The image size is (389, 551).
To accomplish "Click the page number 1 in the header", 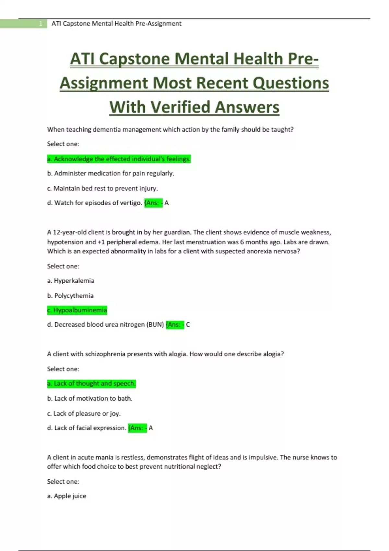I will [41, 24].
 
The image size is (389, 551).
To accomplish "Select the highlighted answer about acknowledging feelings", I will [119, 159].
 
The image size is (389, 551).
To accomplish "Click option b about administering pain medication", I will [111, 173].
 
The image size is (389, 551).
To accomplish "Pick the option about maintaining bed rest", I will [102, 188].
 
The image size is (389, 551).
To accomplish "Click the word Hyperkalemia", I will [74, 281].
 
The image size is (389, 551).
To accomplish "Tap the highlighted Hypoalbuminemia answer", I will [77, 310].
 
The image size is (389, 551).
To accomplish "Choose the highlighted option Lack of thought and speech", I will [91, 383].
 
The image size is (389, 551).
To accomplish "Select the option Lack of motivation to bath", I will [90, 398].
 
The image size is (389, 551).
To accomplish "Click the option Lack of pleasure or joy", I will [84, 414].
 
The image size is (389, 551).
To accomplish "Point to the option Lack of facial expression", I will [87, 428].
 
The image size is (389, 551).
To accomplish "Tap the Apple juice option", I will [67, 496].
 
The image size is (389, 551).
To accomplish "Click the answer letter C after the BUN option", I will [188, 324].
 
